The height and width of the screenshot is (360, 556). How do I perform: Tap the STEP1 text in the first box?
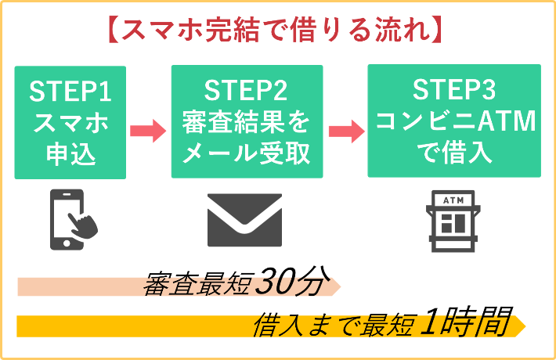click(x=70, y=92)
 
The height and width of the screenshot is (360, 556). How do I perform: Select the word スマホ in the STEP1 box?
click(x=70, y=122)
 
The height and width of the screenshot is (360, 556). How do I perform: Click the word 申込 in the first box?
click(x=70, y=153)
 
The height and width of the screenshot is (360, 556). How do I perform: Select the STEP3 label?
click(x=453, y=92)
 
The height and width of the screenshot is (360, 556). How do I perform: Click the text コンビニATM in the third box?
click(x=453, y=122)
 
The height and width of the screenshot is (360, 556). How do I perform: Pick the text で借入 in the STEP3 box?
click(x=453, y=153)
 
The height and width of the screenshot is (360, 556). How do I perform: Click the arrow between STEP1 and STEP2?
click(x=147, y=129)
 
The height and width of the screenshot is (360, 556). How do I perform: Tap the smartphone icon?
click(x=74, y=221)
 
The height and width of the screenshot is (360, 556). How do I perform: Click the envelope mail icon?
click(x=244, y=221)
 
